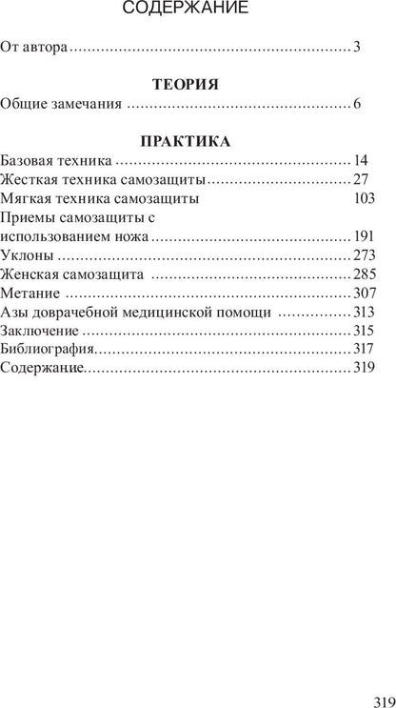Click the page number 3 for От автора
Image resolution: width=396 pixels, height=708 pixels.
[356, 46]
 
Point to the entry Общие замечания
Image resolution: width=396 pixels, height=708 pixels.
[62, 103]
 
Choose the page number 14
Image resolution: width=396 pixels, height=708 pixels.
[366, 161]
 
